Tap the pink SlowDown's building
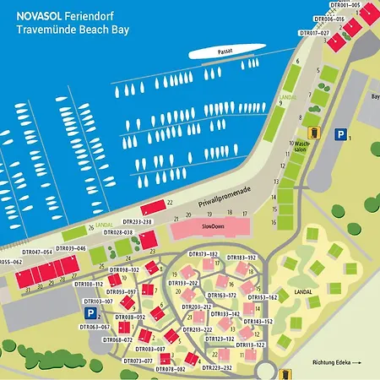pos(209,228)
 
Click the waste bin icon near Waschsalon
pos(313,133)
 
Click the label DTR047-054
pos(36,252)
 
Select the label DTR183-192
pos(241,257)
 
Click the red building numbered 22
pos(155,207)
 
